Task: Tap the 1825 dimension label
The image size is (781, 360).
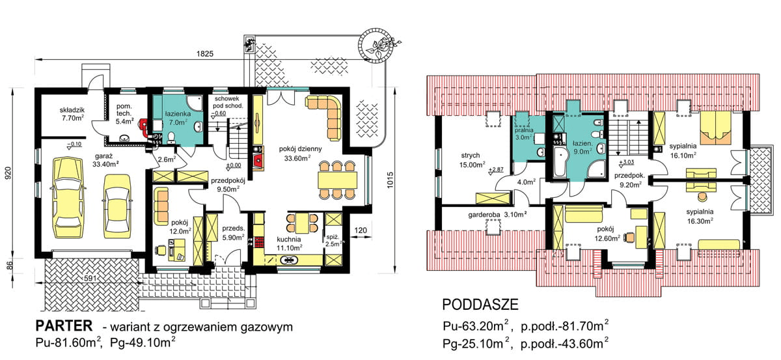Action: coord(205,54)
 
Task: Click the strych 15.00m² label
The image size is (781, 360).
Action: coord(471,161)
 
